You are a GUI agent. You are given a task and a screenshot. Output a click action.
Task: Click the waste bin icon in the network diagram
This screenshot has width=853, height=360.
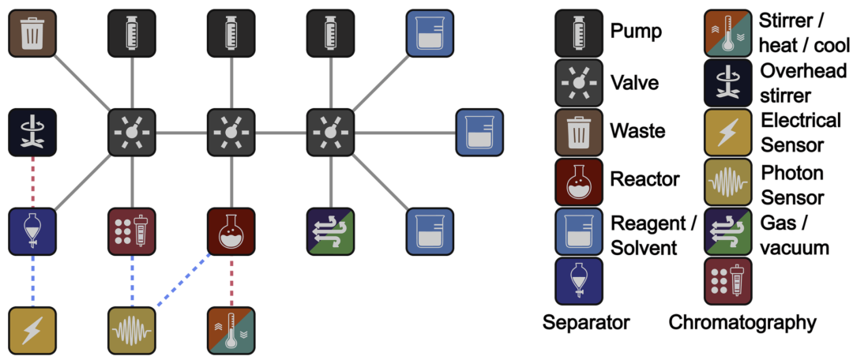point(32,33)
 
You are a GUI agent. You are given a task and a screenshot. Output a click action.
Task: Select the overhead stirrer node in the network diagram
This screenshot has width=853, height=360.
point(32,132)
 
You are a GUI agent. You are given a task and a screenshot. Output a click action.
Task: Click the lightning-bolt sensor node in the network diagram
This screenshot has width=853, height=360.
point(32,331)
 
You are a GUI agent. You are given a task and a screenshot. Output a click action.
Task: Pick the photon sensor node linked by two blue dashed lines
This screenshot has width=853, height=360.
point(132,331)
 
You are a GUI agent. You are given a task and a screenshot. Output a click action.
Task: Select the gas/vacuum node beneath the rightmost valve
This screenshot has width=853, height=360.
point(330,231)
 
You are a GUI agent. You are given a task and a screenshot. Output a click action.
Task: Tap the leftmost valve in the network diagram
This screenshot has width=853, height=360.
point(132,132)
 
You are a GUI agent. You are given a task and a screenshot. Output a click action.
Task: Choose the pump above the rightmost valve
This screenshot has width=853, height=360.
point(330,33)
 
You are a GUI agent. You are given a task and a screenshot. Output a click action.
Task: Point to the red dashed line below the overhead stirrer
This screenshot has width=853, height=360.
point(32,182)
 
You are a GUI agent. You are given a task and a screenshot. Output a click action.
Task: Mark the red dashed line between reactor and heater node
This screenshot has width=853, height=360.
point(231,281)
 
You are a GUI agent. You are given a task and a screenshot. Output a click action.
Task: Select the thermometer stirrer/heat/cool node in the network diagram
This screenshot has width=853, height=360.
point(231,331)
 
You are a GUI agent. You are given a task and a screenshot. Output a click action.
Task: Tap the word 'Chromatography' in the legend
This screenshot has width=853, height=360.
point(742,322)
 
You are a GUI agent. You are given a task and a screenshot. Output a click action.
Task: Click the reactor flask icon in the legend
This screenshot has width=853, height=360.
point(579,181)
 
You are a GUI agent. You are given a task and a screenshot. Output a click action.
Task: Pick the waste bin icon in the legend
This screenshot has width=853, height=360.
point(579,131)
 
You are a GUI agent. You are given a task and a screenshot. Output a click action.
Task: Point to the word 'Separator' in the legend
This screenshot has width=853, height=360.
point(586,322)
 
